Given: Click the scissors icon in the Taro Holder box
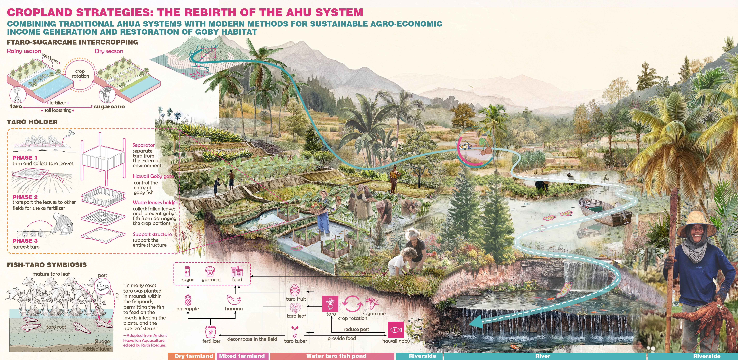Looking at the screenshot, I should (70, 134).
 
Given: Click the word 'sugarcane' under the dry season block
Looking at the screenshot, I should (109, 107).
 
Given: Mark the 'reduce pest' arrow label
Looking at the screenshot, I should (356, 329).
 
